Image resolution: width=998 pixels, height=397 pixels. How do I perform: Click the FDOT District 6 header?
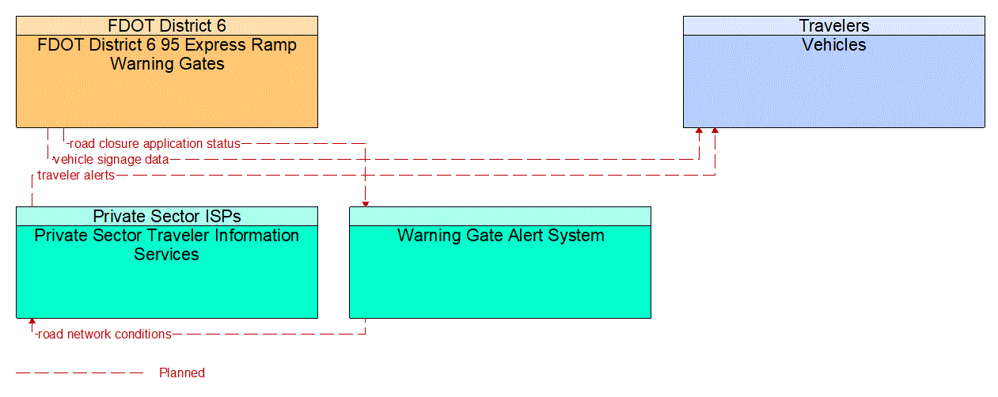(167, 25)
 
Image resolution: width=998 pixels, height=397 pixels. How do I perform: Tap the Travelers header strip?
(833, 25)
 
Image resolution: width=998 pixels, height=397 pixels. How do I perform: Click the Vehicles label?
(833, 45)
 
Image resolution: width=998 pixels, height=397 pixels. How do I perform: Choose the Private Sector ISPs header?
(167, 216)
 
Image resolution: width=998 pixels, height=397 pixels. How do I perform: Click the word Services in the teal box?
(167, 254)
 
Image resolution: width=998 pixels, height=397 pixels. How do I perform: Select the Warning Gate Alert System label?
(500, 236)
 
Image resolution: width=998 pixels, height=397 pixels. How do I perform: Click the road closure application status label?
(154, 144)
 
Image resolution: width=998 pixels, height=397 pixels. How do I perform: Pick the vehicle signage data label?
(111, 160)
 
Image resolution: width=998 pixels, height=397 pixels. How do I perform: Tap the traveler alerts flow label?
(76, 176)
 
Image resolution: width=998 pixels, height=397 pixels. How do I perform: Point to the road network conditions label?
(104, 335)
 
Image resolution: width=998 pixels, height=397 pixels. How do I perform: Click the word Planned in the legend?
(182, 373)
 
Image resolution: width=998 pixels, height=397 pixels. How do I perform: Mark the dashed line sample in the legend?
(79, 372)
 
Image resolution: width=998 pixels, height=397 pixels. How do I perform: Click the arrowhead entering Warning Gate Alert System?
(365, 203)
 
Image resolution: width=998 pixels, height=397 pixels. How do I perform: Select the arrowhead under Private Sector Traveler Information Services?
(32, 322)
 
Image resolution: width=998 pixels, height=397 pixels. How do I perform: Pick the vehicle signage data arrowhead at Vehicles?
(699, 131)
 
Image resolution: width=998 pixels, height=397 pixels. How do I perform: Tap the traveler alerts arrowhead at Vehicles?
(715, 131)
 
